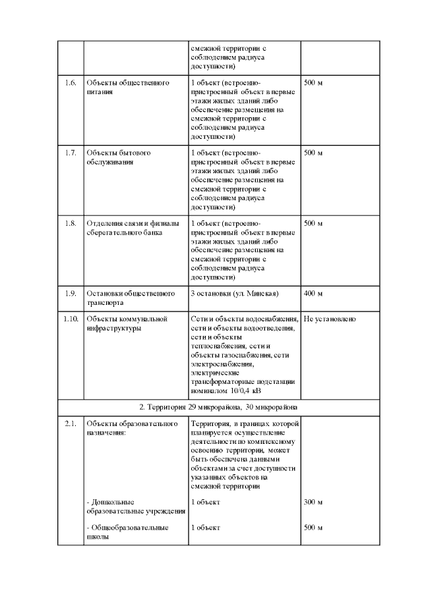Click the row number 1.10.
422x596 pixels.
tap(70, 319)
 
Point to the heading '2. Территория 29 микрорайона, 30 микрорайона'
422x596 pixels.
tap(218, 407)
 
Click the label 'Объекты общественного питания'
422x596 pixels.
tap(127, 88)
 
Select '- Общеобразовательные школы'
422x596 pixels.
tap(127, 532)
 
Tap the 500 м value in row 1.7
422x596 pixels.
tap(313, 153)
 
